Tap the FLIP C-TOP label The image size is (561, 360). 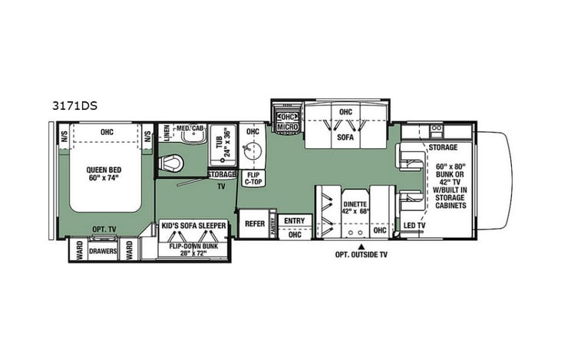(252, 180)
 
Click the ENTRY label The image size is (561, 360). (293, 221)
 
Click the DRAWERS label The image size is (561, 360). (102, 250)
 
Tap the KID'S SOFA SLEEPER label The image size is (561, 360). (193, 226)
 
